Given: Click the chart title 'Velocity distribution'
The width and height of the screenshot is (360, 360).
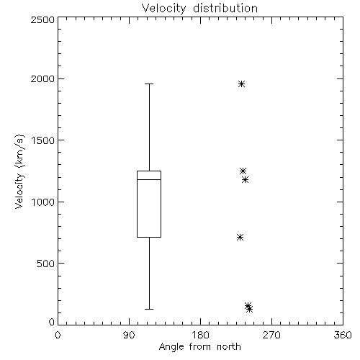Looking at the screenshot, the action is pos(199,8).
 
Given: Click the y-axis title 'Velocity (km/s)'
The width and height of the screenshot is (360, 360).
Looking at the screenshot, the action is pos(19,171).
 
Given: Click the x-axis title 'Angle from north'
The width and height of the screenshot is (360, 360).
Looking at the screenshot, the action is pos(199,346).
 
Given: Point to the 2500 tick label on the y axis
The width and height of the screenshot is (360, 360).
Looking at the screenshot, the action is pos(42,19).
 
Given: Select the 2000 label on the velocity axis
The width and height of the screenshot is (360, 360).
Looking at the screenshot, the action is pos(42,78).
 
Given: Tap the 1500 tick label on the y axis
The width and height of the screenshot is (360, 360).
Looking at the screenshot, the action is pos(43,140).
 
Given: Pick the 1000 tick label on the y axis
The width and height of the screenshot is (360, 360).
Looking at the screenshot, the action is pos(43,202).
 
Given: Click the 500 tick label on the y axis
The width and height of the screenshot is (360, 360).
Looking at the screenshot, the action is pos(46,264).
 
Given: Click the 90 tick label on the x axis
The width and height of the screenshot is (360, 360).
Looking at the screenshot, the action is pos(129,335).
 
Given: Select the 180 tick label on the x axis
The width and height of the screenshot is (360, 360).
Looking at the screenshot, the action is pos(200,335).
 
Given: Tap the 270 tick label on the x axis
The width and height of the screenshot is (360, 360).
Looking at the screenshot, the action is pos(271,335).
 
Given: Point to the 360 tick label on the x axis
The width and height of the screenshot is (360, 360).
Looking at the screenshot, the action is pos(343,335).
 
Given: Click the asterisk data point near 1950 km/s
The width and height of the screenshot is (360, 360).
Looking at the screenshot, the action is pos(241,84).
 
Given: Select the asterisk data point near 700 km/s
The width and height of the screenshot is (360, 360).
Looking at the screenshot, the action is pos(240,238).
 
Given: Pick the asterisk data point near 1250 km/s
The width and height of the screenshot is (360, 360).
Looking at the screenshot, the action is pos(243,171).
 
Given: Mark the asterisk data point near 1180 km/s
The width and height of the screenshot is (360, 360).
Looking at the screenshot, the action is pos(245,179).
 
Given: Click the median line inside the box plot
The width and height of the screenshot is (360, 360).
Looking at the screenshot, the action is pos(149,179).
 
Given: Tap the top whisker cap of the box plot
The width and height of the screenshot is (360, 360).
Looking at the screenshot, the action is pos(149,84).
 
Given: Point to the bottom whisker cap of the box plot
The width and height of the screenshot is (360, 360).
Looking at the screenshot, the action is pos(149,309).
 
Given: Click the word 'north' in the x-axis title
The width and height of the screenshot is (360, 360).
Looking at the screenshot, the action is pos(229,346).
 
